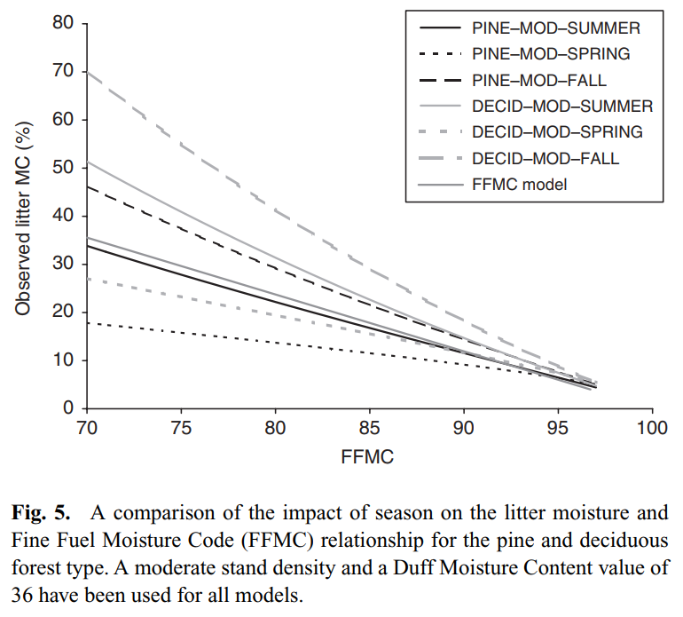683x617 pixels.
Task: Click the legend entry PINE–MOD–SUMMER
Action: point(556,28)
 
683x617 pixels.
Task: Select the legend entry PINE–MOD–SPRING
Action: point(551,54)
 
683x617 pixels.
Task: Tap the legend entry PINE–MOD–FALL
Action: point(539,81)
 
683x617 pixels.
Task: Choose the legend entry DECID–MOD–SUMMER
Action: point(562,107)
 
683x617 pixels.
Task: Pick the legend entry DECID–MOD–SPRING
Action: point(557,132)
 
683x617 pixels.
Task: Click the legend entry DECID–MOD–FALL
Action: point(546,159)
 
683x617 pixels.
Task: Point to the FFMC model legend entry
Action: point(520,185)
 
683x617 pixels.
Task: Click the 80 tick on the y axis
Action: point(63,23)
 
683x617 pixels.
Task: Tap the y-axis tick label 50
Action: point(63,168)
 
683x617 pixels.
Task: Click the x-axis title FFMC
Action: point(367,458)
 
